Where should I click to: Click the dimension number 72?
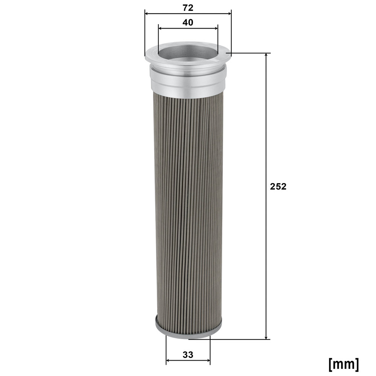[x=188, y=8]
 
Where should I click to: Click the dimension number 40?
[x=188, y=23]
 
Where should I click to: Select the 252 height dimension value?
[x=278, y=186]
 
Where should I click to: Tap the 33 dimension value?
[x=188, y=355]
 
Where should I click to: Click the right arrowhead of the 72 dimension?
[x=229, y=14]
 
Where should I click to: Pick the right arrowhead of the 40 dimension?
[x=215, y=28]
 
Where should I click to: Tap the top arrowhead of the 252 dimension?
[x=266, y=56]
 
